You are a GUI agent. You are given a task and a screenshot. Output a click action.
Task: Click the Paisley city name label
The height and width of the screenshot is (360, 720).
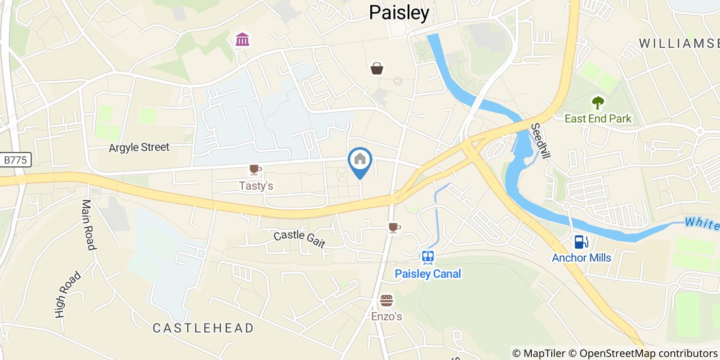tap(399, 13)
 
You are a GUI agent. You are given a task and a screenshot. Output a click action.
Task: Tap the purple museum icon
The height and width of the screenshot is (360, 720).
tap(242, 39)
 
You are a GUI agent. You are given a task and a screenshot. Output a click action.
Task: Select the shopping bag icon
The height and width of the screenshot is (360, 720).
tap(377, 68)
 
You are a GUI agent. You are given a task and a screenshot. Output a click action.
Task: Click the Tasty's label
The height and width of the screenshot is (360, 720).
tap(256, 186)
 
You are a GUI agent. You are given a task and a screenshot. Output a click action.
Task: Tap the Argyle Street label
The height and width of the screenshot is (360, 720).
tap(139, 148)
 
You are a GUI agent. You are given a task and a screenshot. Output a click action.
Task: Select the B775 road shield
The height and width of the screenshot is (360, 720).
tap(15, 160)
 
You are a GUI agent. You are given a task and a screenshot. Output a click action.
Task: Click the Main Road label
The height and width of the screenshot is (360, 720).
tap(88, 225)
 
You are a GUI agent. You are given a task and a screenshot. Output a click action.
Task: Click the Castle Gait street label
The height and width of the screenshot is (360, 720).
tap(299, 239)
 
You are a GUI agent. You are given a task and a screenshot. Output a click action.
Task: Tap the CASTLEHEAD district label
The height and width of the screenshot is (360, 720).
tap(204, 328)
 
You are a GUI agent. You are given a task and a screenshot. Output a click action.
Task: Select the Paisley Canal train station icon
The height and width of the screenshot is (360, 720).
tap(427, 256)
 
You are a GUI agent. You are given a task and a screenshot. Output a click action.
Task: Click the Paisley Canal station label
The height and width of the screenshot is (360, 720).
tap(428, 274)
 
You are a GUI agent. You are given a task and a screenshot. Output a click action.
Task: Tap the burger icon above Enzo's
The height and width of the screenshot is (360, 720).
tap(386, 300)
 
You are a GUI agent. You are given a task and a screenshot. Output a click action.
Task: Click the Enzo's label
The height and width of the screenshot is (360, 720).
tap(387, 316)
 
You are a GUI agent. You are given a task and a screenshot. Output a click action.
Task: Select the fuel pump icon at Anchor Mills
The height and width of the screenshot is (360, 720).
tap(581, 241)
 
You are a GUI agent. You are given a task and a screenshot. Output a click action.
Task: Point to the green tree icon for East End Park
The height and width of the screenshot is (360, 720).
tap(598, 103)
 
